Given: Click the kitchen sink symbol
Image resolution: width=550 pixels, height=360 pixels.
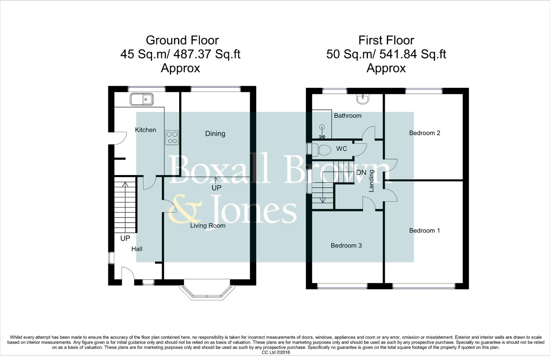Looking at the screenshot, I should click(142, 99).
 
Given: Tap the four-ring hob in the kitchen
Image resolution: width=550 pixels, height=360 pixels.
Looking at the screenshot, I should click(172, 137).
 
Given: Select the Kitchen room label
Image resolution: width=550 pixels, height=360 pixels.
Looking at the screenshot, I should click(145, 130).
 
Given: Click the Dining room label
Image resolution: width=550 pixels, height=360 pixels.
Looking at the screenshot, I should click(215, 134).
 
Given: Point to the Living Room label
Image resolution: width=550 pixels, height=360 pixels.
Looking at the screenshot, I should click(208, 226).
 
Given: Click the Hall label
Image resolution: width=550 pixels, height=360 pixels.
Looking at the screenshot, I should click(137, 249).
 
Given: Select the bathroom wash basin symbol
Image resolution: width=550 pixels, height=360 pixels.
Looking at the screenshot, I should click(362, 99).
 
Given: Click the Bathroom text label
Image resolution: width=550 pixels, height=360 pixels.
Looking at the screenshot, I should click(348, 116).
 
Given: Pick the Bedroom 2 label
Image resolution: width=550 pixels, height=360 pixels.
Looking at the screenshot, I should click(425, 133).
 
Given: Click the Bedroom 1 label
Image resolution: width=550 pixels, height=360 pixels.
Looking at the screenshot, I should click(424, 231).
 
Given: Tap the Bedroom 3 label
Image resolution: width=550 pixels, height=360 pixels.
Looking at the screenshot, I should click(346, 246).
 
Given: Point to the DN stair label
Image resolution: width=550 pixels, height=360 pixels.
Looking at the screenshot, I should click(361, 173).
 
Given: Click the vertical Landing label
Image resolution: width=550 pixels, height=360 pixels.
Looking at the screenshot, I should click(371, 181).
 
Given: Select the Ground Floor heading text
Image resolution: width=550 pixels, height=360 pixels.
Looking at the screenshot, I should click(182, 40).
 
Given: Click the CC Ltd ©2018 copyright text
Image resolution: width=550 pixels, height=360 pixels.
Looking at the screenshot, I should click(276, 352).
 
